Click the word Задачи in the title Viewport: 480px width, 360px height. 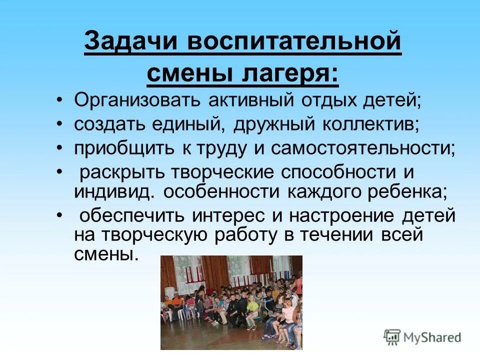(130, 41)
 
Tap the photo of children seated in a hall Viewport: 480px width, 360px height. (231, 302)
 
